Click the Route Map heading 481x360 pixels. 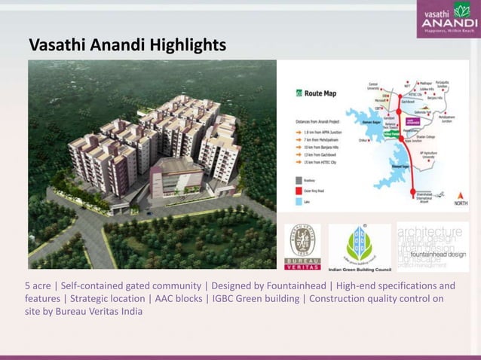(x=321, y=94)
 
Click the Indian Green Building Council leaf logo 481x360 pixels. (x=359, y=243)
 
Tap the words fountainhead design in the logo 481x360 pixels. (x=437, y=255)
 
